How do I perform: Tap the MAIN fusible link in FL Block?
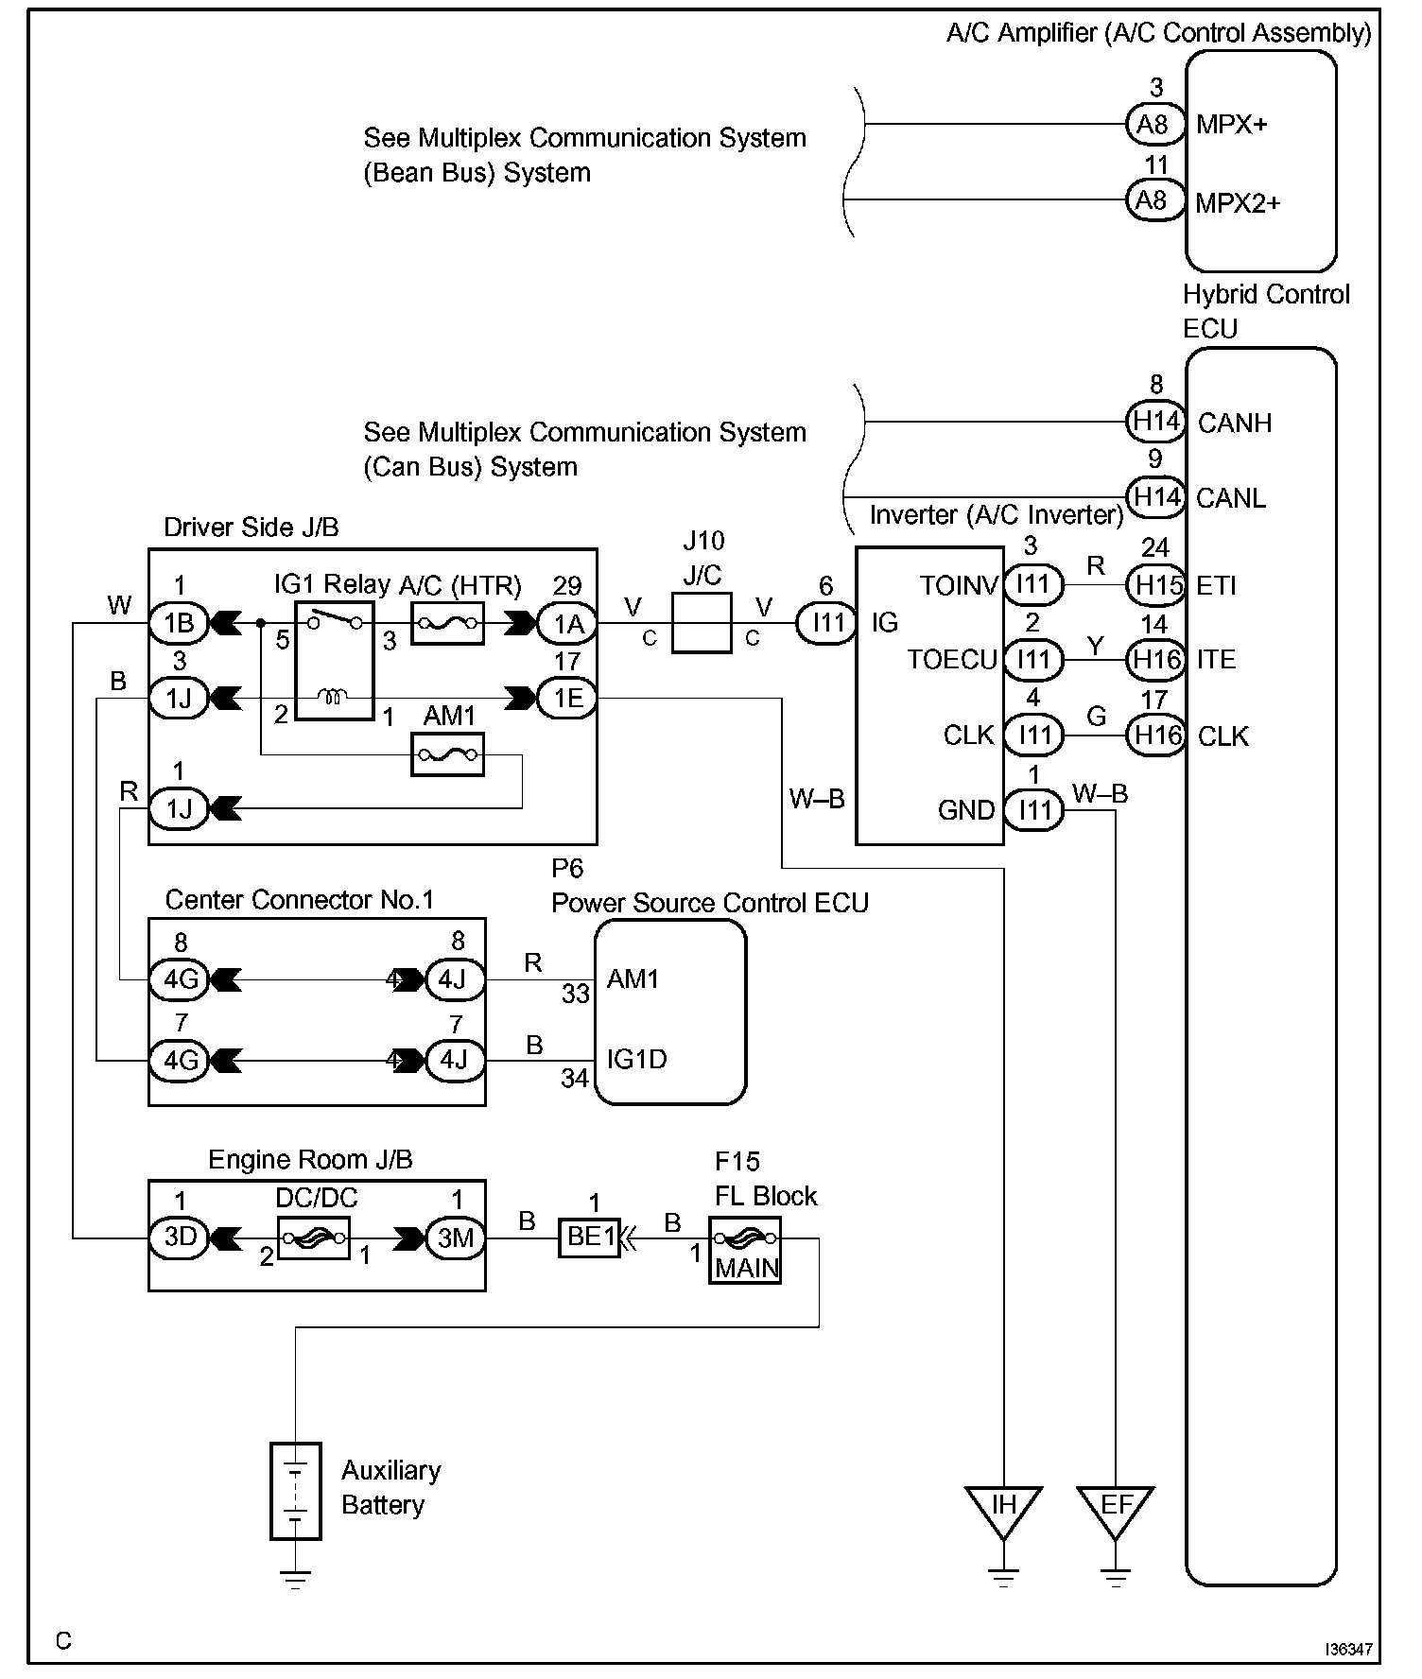click(x=745, y=1250)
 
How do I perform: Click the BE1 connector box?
click(x=589, y=1237)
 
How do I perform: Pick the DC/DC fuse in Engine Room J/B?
click(x=313, y=1238)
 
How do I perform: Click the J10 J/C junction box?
click(x=702, y=622)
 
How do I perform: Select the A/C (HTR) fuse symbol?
click(x=447, y=624)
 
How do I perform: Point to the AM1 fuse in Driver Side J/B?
click(x=447, y=755)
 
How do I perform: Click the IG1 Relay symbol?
click(x=334, y=660)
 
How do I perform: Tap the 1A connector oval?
click(x=567, y=623)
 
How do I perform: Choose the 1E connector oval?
click(x=567, y=699)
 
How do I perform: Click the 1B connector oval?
click(x=179, y=623)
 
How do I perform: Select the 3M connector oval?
click(x=456, y=1238)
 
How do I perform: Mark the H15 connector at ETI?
click(x=1155, y=585)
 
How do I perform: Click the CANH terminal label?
click(x=1234, y=423)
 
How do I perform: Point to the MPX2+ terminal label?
click(x=1237, y=203)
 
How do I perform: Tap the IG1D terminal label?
click(x=636, y=1059)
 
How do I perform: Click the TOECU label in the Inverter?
click(x=951, y=659)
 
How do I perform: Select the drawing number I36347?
click(x=1347, y=1649)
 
